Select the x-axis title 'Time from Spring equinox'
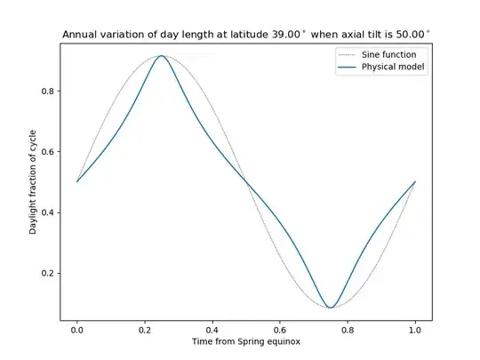[x=246, y=341]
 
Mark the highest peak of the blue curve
[x=162, y=55]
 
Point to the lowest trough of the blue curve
[x=331, y=308]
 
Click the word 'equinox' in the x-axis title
[x=284, y=341]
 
